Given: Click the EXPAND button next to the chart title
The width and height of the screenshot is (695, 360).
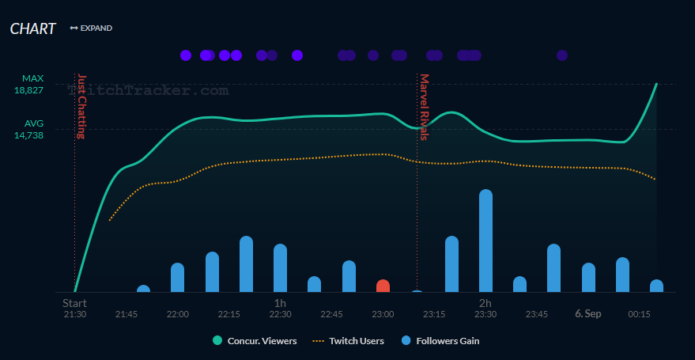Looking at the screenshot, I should click(91, 28).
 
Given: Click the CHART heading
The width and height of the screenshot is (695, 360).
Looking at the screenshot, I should click(32, 28).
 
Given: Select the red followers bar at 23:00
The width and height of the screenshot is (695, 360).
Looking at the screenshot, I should click(383, 286).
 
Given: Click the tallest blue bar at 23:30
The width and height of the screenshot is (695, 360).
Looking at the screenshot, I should click(485, 241).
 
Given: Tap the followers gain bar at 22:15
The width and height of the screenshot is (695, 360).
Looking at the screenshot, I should click(246, 264).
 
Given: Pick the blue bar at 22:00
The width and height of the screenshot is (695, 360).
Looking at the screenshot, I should click(177, 278).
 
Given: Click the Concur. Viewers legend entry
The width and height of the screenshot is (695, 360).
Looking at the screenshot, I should click(255, 341).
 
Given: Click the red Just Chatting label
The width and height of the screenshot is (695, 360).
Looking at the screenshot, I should click(81, 106).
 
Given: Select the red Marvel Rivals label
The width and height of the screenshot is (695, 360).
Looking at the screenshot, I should click(424, 108).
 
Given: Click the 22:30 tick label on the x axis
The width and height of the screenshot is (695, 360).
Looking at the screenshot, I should click(280, 314).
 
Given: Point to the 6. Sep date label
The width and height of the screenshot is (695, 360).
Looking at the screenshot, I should click(588, 314).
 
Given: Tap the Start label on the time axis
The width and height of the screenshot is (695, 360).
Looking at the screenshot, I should click(74, 302).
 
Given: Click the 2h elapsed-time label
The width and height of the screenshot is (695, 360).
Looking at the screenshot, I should click(485, 302).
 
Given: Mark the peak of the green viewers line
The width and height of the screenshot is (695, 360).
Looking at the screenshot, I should click(656, 84).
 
